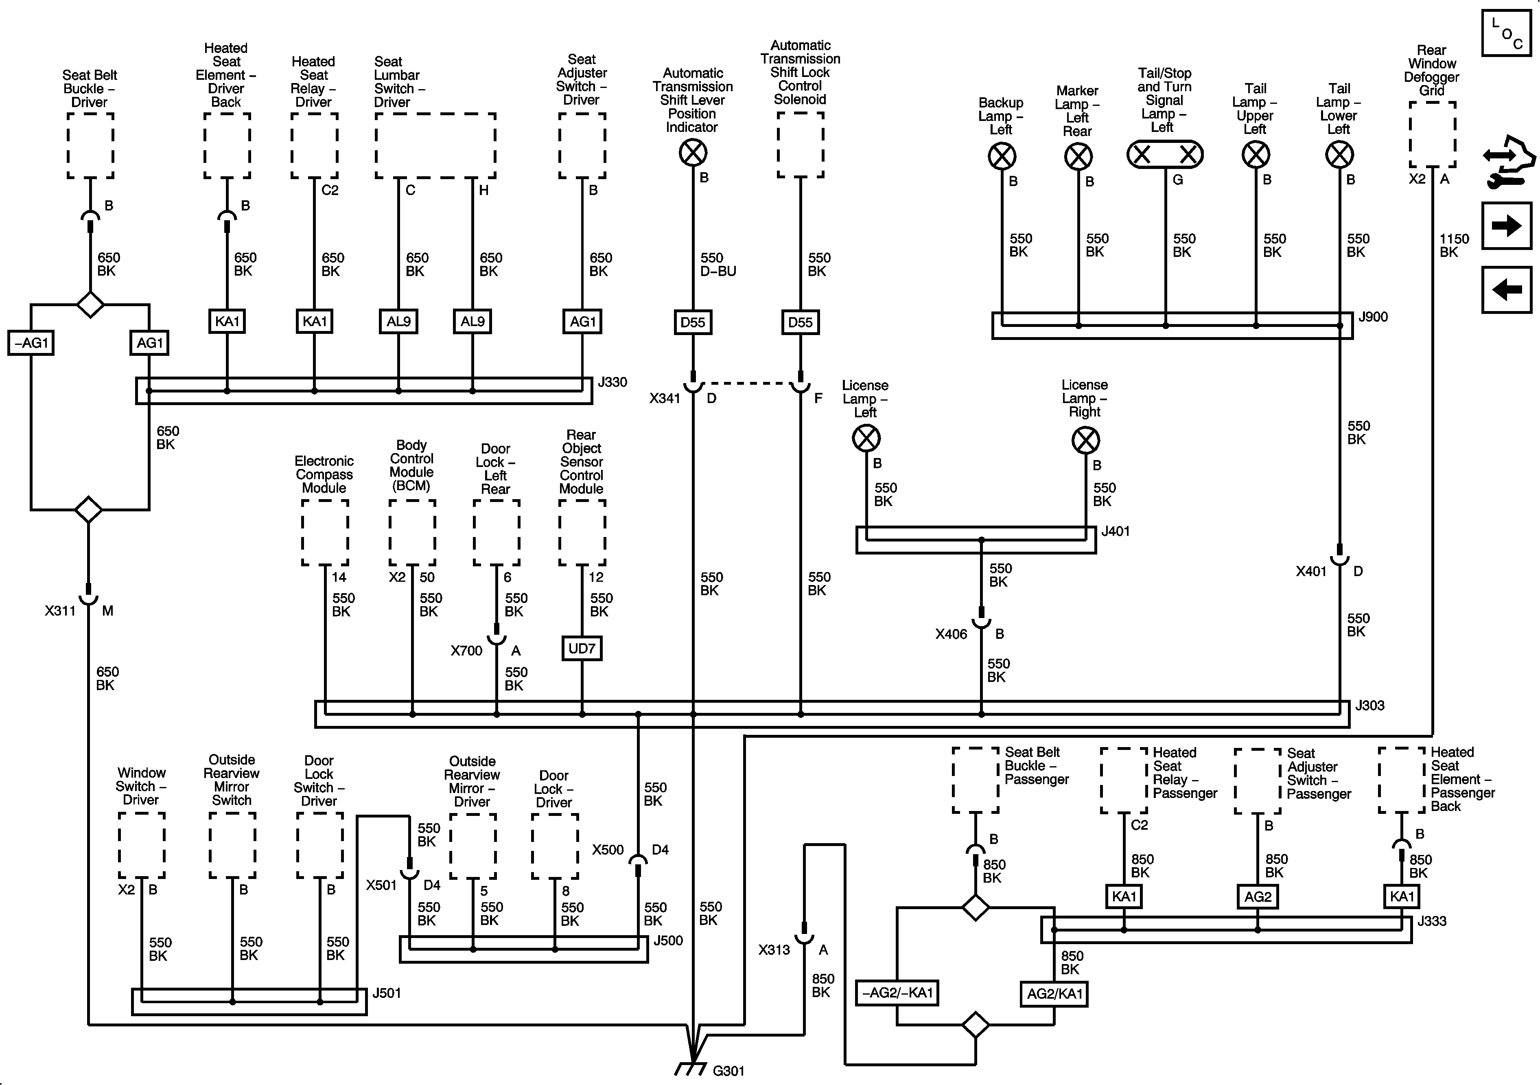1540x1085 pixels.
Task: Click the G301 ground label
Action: click(x=728, y=1071)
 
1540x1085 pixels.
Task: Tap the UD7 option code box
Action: click(x=582, y=649)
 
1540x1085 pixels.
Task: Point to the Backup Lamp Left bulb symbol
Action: click(x=1002, y=157)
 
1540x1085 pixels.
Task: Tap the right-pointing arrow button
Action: click(x=1507, y=226)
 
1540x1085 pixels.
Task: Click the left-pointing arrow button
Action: click(x=1507, y=290)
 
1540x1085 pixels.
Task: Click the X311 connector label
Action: click(x=60, y=611)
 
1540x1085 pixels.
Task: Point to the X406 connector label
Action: click(x=951, y=634)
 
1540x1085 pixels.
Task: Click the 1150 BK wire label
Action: click(x=1453, y=245)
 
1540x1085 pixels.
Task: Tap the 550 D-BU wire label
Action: click(x=717, y=264)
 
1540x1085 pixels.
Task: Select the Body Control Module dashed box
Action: click(x=412, y=532)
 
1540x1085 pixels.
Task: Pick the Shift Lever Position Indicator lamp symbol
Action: click(x=693, y=153)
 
